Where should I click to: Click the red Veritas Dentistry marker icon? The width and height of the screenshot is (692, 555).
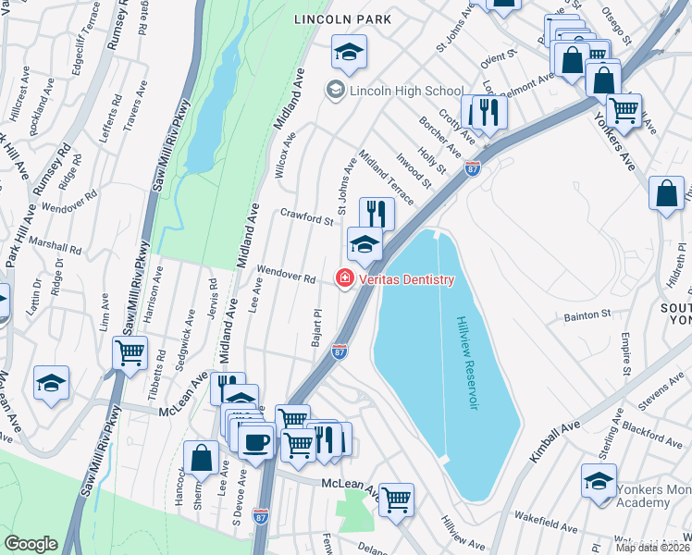345,278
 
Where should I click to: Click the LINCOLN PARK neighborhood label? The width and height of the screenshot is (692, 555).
342,19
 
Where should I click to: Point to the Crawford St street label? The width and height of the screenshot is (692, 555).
306,217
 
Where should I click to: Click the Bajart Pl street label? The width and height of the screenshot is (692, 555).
316,329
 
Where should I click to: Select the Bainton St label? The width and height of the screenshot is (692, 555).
587,315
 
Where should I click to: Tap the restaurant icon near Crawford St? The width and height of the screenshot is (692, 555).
376,213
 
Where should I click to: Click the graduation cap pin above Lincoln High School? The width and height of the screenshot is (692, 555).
349,53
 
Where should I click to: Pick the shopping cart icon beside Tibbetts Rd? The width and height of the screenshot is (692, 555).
130,352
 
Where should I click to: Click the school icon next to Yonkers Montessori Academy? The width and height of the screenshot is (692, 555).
599,481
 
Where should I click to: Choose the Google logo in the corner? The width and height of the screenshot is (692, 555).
31,544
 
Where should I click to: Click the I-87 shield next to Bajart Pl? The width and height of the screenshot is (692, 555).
340,351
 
